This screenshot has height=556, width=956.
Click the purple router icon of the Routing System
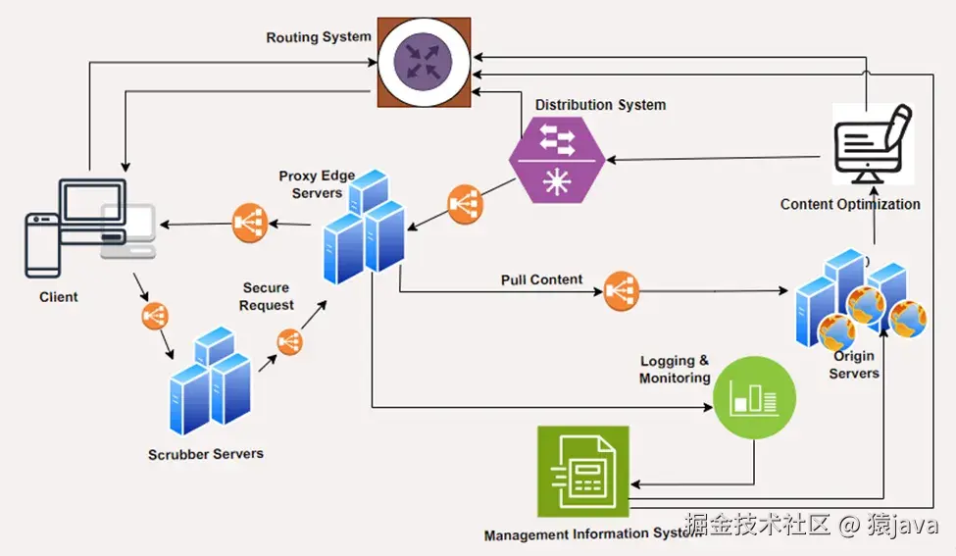424,63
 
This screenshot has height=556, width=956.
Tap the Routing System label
319,37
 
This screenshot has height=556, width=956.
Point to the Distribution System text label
600,105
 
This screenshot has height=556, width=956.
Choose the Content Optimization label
850,204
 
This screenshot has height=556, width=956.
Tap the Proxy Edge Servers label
317,184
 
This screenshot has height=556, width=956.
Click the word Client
59,296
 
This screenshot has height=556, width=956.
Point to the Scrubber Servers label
206,454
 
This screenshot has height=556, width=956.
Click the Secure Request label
267,296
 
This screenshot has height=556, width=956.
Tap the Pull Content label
541,279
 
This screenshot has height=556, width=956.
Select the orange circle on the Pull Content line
622,291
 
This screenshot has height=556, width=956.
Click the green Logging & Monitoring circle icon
754,397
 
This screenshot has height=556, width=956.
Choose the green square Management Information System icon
582,471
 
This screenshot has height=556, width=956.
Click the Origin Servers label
854,365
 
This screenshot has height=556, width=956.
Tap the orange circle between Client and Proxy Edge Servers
249,223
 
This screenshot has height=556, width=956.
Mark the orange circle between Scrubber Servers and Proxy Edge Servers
289,342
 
